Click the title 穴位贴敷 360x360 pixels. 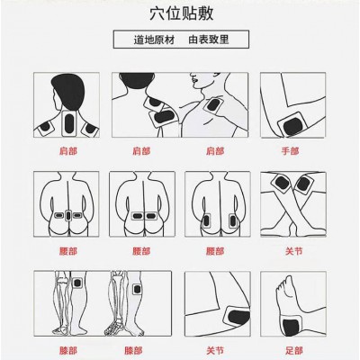[182, 13]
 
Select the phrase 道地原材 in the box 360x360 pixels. [154, 40]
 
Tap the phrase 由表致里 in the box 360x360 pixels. [209, 40]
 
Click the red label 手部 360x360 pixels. [290, 151]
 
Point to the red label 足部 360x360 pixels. [294, 350]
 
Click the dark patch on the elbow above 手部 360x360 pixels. [292, 126]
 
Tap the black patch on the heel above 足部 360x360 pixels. [291, 328]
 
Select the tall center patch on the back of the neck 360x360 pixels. [69, 123]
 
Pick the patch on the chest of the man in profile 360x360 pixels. [213, 105]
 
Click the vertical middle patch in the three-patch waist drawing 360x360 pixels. [68, 215]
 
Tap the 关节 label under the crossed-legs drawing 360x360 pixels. [294, 251]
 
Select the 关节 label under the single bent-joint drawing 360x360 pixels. [215, 350]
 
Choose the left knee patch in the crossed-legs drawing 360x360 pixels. [282, 183]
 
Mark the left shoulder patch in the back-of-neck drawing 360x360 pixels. [45, 127]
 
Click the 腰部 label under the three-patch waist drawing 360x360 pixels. [68, 251]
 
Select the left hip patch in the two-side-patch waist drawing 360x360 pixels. [206, 221]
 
